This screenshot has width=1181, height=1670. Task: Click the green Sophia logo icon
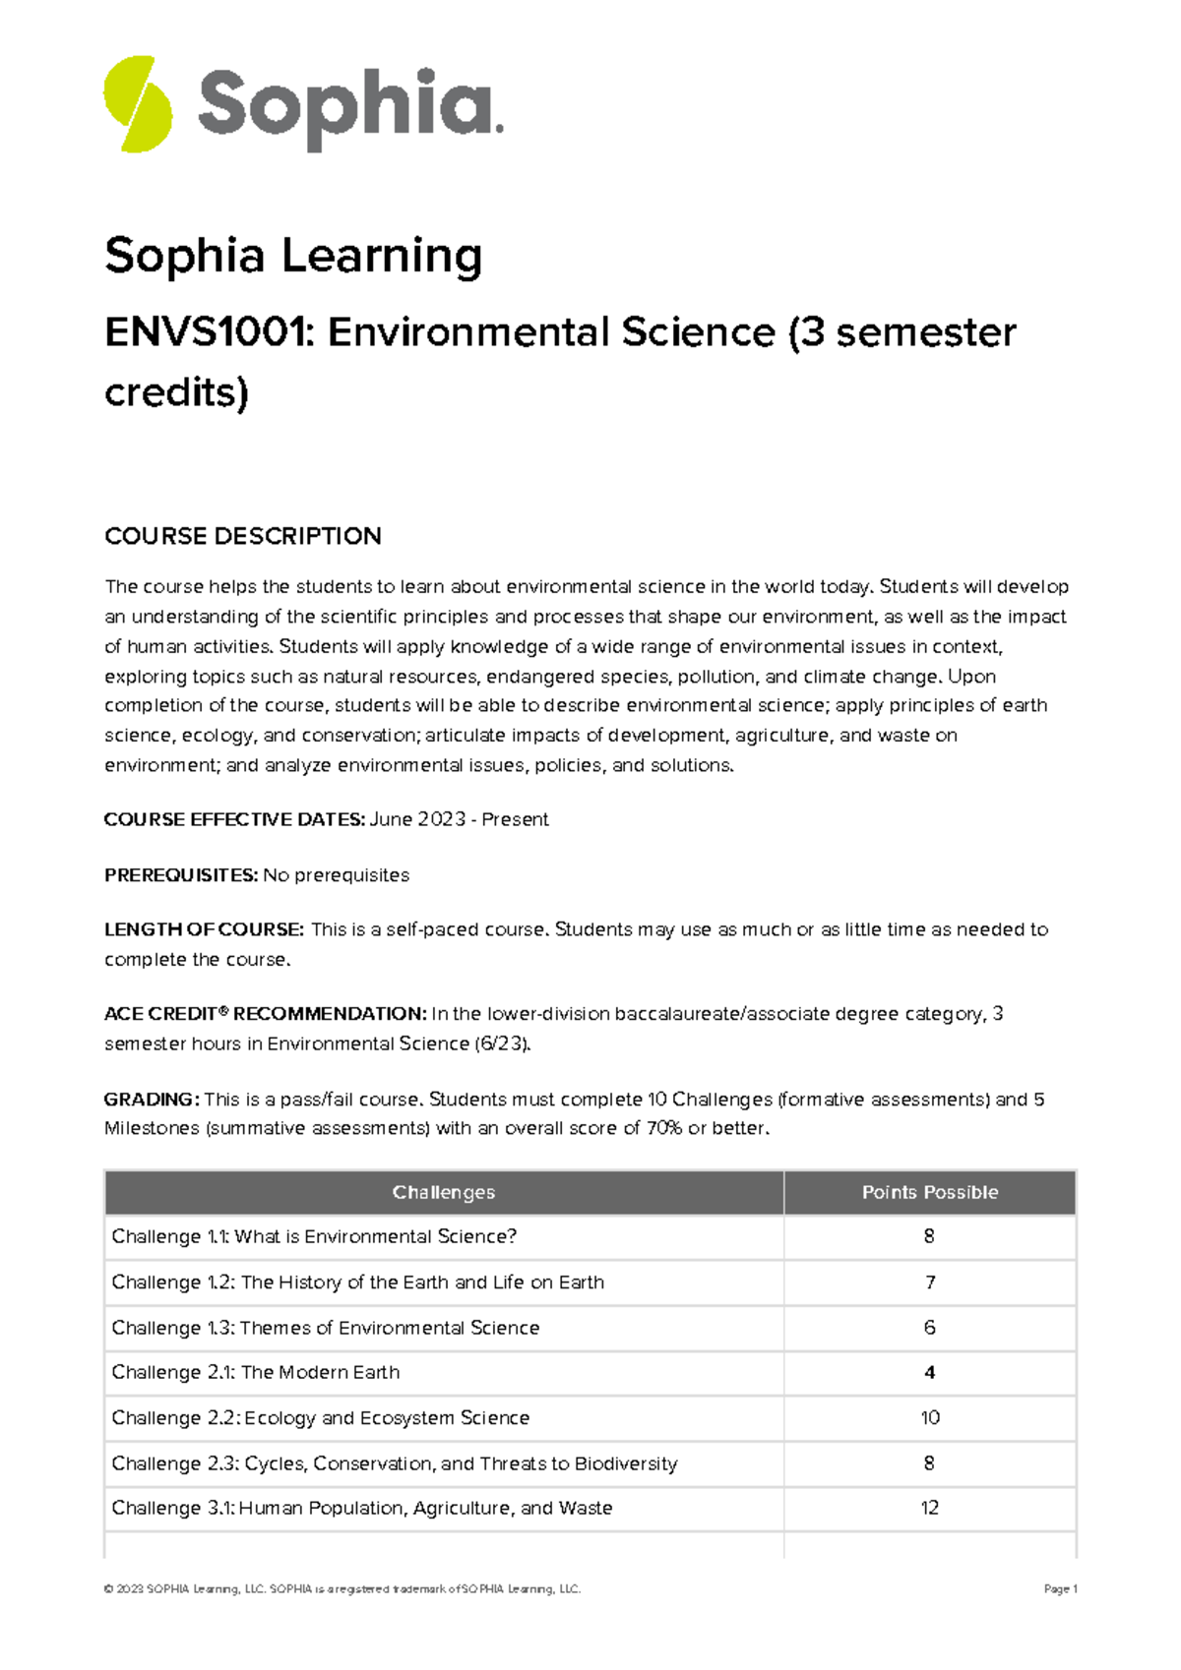[x=138, y=103]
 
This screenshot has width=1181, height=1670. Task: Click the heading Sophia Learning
[x=293, y=256]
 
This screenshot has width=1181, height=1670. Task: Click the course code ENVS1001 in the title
[x=208, y=332]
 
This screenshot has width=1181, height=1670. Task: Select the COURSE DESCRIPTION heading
[x=243, y=536]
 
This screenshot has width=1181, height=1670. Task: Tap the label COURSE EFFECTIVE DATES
[x=234, y=819]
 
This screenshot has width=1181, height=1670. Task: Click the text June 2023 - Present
[x=459, y=819]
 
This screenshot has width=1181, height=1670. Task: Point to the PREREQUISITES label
[x=181, y=875]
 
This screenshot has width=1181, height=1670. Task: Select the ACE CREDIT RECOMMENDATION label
[x=265, y=1014]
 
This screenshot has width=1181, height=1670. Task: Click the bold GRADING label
[x=152, y=1099]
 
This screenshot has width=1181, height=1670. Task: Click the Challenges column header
[x=443, y=1192]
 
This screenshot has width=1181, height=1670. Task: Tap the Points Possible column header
[x=929, y=1192]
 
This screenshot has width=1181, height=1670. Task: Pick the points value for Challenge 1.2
[x=929, y=1282]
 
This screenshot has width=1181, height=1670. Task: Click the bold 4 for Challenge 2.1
[x=929, y=1373]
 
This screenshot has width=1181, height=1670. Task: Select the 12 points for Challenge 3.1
[x=929, y=1508]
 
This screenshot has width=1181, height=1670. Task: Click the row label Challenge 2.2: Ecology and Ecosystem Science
[x=320, y=1417]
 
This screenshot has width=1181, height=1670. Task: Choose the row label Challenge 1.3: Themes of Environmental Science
[x=325, y=1328]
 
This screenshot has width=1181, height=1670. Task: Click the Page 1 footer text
[x=1060, y=1588]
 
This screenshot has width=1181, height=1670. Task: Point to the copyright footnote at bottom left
[x=342, y=1588]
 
